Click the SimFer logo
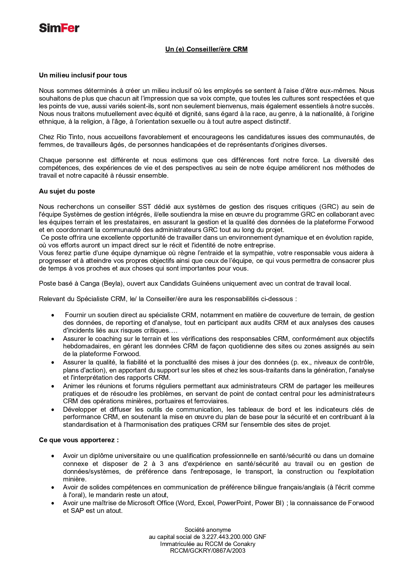pos(59,28)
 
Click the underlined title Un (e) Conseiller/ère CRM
pos(206,49)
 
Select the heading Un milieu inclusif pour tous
pos(83,75)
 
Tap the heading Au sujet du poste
pos(67,191)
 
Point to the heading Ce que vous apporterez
pos(79,440)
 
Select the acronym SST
pos(144,207)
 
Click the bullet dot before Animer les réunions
pos(53,386)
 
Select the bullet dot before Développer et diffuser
pos(53,409)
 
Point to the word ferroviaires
pos(212,401)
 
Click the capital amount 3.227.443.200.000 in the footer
pos(227,537)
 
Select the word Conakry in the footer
pos(244,544)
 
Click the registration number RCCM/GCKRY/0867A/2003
pos(208,551)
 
